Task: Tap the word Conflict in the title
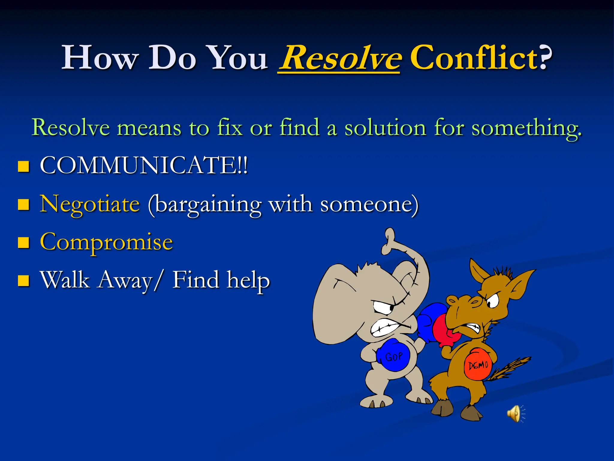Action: (x=474, y=57)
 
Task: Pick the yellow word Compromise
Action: (x=106, y=242)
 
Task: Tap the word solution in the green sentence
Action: (x=385, y=128)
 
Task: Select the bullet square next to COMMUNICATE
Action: (x=23, y=166)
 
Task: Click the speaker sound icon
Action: (x=515, y=413)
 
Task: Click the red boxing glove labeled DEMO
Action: (x=478, y=364)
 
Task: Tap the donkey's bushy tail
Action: (x=510, y=368)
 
